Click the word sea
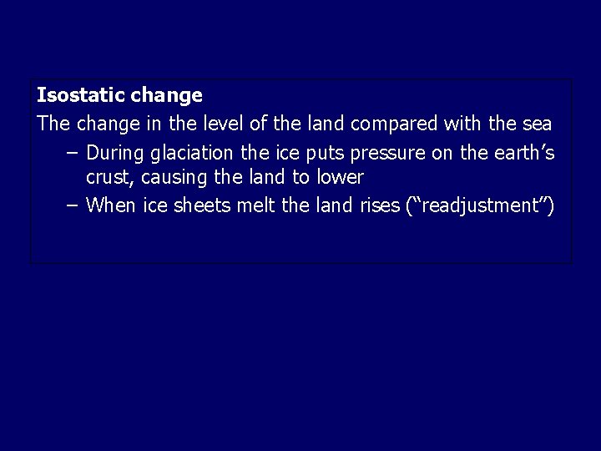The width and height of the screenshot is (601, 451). (x=534, y=124)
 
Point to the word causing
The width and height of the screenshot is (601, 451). (x=168, y=178)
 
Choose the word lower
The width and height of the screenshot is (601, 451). (x=337, y=178)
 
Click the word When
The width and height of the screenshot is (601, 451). (x=111, y=205)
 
